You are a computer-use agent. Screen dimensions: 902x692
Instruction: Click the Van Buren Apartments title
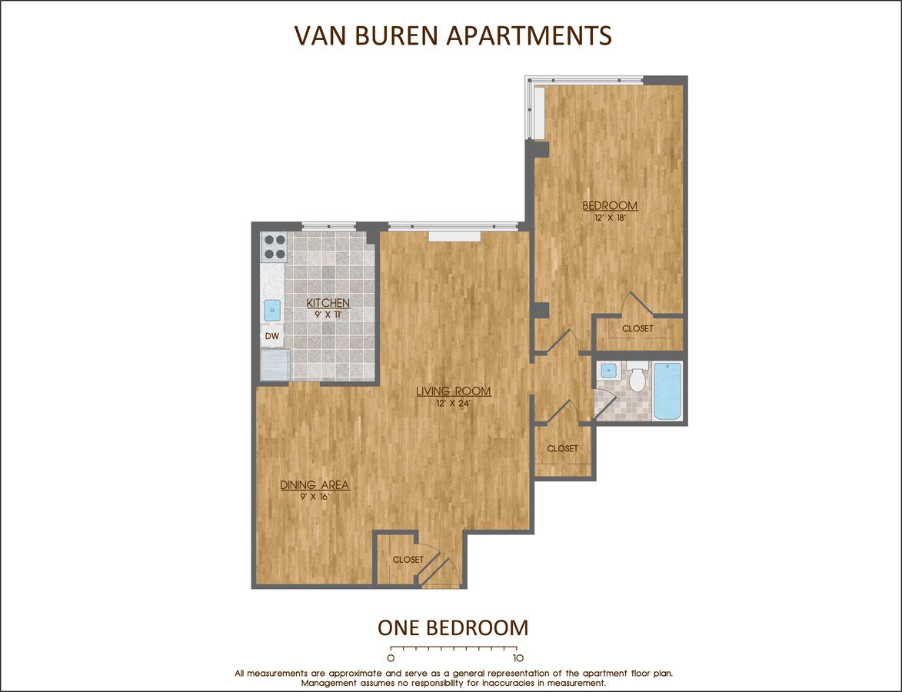(x=453, y=35)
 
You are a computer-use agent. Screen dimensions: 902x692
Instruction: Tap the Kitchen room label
(x=328, y=303)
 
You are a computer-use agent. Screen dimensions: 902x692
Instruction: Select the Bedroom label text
(x=611, y=205)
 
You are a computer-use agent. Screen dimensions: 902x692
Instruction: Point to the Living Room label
(x=454, y=391)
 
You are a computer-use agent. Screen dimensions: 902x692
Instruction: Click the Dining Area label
(x=315, y=485)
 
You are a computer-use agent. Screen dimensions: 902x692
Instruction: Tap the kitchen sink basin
(x=272, y=311)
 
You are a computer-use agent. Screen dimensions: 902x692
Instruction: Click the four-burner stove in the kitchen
(x=275, y=247)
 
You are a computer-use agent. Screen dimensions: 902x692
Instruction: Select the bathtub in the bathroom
(x=667, y=391)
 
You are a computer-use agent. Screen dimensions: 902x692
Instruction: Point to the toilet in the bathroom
(x=637, y=377)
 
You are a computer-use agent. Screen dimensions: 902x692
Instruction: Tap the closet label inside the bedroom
(x=638, y=328)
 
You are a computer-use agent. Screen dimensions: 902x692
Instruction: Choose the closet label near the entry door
(x=408, y=560)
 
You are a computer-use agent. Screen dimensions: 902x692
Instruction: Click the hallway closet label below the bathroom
(x=563, y=449)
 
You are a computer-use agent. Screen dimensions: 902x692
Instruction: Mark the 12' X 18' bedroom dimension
(x=610, y=218)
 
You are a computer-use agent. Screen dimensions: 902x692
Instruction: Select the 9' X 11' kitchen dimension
(x=328, y=314)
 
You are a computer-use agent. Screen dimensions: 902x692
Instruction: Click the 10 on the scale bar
(x=518, y=658)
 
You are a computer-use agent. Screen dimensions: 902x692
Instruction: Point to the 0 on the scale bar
(x=391, y=658)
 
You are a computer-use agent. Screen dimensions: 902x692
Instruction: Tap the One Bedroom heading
(x=453, y=627)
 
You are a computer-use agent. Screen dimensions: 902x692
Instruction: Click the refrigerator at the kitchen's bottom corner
(x=275, y=364)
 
